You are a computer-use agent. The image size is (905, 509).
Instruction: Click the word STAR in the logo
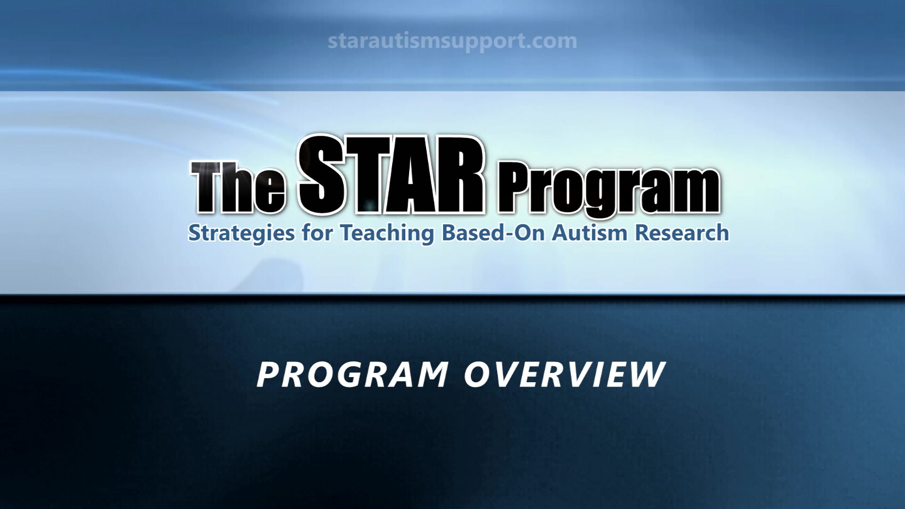click(x=391, y=174)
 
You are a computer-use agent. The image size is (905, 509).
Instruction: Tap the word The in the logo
click(x=239, y=187)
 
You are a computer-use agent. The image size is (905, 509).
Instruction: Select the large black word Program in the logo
click(x=609, y=191)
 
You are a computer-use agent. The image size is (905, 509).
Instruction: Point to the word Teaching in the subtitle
click(x=387, y=233)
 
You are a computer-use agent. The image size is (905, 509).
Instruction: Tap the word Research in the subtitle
click(x=682, y=233)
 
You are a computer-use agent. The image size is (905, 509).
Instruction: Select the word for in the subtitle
click(x=317, y=232)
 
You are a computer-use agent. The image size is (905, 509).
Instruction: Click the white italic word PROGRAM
click(x=353, y=375)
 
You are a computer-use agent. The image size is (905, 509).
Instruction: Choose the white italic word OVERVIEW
click(x=565, y=375)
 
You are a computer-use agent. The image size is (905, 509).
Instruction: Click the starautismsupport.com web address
click(x=452, y=41)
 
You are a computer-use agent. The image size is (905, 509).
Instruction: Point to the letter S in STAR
click(x=322, y=175)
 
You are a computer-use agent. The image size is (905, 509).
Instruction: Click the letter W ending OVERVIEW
click(x=643, y=375)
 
